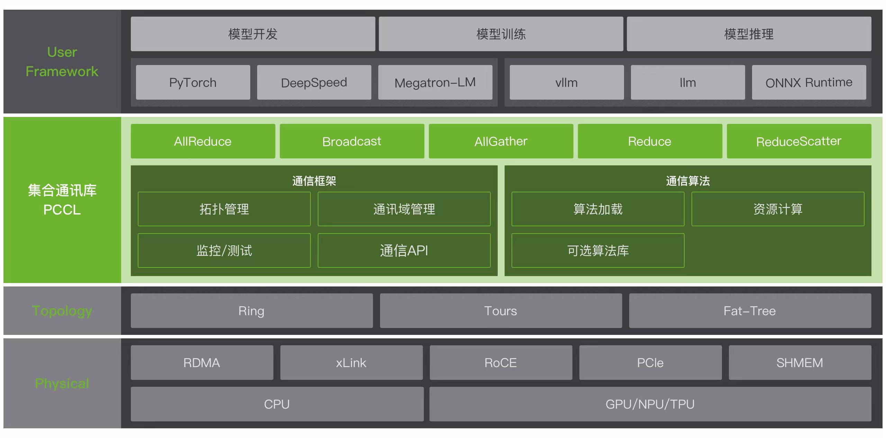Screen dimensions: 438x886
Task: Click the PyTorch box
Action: [x=193, y=83]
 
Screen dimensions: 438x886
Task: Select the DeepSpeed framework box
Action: [x=314, y=83]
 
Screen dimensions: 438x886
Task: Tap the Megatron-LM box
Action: [x=435, y=83]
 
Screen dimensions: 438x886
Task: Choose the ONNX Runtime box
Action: [x=809, y=83]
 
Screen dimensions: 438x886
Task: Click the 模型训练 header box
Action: [x=501, y=34]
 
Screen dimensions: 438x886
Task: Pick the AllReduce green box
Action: [x=203, y=142]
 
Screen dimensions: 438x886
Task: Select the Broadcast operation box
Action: [x=352, y=142]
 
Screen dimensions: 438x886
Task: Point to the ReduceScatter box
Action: [x=799, y=142]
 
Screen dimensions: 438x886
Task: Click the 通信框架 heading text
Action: [x=314, y=181]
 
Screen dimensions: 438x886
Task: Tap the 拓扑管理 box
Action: [x=224, y=209]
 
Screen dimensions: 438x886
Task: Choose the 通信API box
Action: [x=404, y=250]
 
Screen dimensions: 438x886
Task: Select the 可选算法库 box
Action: [x=598, y=250]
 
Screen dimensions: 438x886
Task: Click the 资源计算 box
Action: [x=778, y=209]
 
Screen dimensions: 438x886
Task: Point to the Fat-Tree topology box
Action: [x=750, y=311]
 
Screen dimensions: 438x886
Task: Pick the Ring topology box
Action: [x=252, y=311]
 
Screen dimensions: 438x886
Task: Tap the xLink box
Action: [x=351, y=363]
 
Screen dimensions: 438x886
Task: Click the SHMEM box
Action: [x=800, y=363]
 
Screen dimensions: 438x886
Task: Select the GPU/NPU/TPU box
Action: [x=650, y=404]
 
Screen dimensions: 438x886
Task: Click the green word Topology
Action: [x=62, y=311]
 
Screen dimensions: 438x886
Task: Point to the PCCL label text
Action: [x=62, y=210]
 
